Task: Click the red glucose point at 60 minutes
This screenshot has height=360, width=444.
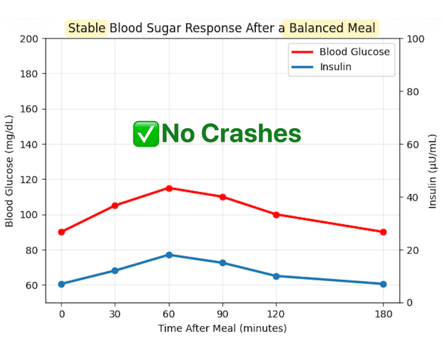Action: pyautogui.click(x=169, y=188)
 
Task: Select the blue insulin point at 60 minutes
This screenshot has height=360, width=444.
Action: pyautogui.click(x=169, y=255)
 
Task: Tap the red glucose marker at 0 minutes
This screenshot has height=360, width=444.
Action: pyautogui.click(x=61, y=232)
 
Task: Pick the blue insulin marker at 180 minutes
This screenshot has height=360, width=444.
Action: pyautogui.click(x=383, y=284)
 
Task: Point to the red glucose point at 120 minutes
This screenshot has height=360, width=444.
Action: pyautogui.click(x=276, y=214)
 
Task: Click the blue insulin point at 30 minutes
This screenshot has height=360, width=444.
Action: pyautogui.click(x=115, y=270)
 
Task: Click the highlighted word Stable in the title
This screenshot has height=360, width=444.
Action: pyautogui.click(x=87, y=28)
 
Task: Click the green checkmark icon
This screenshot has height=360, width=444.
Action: pyautogui.click(x=146, y=134)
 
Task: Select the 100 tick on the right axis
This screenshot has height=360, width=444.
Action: pyautogui.click(x=413, y=39)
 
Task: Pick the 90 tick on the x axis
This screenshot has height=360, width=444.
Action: pyautogui.click(x=222, y=314)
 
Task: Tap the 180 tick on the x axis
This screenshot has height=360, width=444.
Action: pyautogui.click(x=383, y=314)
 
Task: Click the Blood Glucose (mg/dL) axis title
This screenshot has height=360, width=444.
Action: pyautogui.click(x=10, y=170)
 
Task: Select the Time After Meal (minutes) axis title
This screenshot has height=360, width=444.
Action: pyautogui.click(x=222, y=328)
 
